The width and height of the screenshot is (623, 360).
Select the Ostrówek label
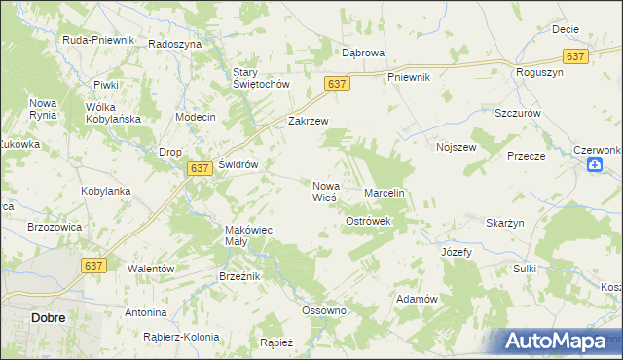pyautogui.click(x=368, y=222)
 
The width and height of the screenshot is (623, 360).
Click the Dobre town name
pyautogui.click(x=21, y=317)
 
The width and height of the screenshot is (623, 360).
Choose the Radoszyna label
pyautogui.click(x=174, y=44)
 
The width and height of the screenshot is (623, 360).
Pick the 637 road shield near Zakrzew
pyautogui.click(x=337, y=85)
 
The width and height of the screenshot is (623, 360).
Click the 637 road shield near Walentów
pyautogui.click(x=93, y=265)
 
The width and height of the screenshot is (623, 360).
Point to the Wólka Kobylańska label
pyautogui.click(x=114, y=113)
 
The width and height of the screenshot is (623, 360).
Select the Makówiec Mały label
pyautogui.click(x=242, y=235)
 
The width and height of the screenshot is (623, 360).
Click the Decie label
pyautogui.click(x=566, y=29)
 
